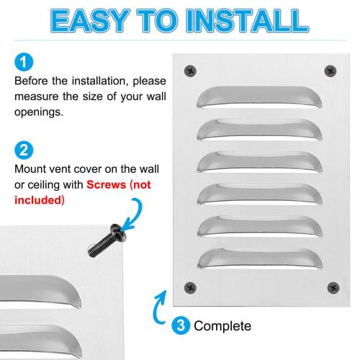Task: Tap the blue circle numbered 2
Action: (x=22, y=151)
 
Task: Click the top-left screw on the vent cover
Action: (x=191, y=71)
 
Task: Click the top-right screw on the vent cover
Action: (x=330, y=71)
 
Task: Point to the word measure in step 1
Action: (x=36, y=96)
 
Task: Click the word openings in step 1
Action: (x=40, y=113)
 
